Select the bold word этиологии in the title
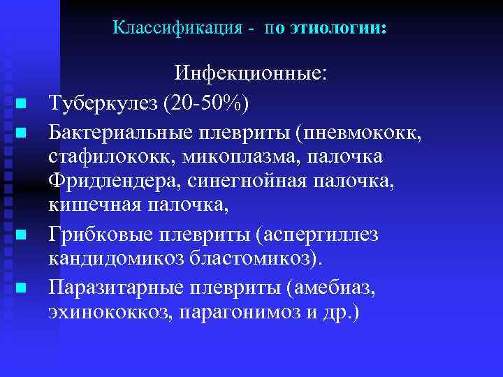click(336, 29)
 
